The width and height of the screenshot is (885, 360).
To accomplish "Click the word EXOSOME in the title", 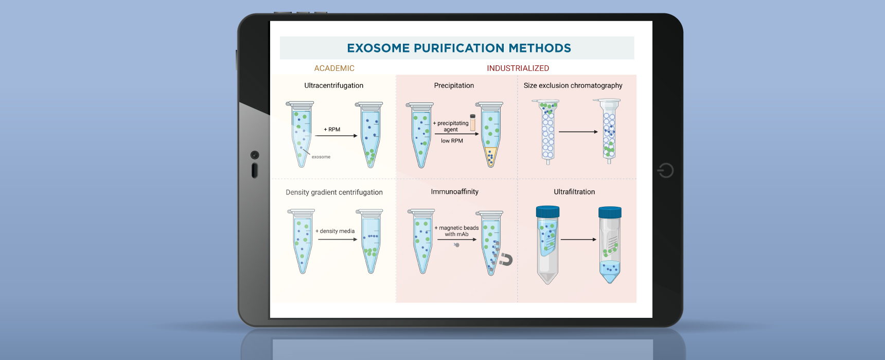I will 378,48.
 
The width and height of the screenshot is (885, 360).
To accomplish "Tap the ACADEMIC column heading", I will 334,68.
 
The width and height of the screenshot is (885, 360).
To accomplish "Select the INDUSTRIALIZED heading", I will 518,68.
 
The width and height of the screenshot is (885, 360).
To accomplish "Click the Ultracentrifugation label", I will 333,86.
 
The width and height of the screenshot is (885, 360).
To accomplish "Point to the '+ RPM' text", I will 332,130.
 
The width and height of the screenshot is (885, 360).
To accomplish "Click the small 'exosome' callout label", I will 321,157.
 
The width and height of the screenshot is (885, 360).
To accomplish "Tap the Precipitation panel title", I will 454,86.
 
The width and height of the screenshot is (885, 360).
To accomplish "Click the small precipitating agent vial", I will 472,123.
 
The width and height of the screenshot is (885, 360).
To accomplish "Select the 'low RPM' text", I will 452,141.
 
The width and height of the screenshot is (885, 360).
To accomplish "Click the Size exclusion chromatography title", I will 573,86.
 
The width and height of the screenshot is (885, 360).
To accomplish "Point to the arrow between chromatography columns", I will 578,132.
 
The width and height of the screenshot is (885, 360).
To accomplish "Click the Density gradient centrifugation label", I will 334,192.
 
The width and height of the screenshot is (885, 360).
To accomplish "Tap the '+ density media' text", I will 335,231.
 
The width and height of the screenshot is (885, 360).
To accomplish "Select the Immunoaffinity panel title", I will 454,192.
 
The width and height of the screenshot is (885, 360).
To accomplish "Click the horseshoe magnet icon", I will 506,260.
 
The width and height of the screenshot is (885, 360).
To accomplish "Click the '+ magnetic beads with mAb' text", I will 456,231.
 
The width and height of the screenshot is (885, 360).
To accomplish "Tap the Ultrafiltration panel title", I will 574,192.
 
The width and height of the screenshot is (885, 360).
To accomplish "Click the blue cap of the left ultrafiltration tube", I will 547,211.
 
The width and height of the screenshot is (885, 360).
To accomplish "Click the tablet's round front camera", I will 255,155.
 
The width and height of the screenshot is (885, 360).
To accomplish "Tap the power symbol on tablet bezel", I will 666,170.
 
